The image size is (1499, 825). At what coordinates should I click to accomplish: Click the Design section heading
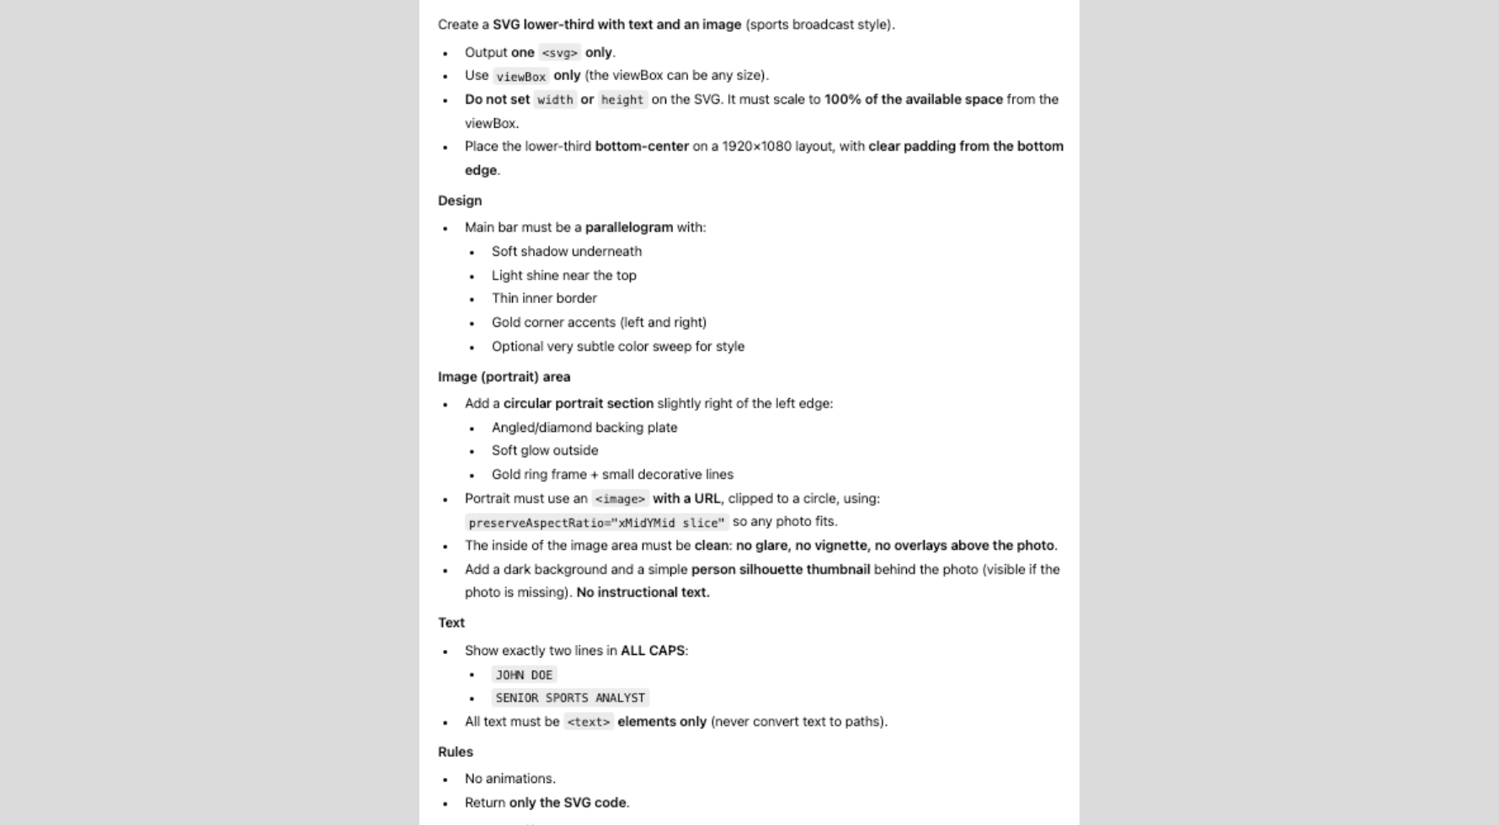[460, 200]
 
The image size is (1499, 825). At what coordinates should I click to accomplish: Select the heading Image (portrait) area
[504, 376]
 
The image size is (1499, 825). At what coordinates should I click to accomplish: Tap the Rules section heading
[455, 752]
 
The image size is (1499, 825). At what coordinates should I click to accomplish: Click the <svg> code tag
[559, 52]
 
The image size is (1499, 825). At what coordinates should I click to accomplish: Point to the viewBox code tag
[520, 76]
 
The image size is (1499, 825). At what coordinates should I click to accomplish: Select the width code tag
[554, 99]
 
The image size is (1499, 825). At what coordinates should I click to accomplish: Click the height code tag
[622, 99]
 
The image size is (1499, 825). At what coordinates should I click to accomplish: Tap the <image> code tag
[620, 498]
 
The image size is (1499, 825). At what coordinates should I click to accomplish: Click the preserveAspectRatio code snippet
[596, 522]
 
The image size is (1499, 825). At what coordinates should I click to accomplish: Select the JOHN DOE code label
[524, 674]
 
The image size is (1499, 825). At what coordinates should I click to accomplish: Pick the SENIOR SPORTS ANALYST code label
[570, 698]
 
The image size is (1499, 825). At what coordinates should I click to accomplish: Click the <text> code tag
[588, 721]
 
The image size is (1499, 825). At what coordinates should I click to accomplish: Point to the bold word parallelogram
[629, 227]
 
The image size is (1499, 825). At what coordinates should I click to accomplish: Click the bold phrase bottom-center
[642, 146]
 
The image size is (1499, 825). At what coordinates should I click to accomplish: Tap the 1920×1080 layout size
[756, 146]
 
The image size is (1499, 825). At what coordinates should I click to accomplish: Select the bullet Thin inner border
[544, 298]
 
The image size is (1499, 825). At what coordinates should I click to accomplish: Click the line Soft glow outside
[545, 450]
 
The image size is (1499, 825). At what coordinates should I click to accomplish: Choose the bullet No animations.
[509, 779]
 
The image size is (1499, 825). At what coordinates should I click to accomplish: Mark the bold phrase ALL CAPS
[653, 650]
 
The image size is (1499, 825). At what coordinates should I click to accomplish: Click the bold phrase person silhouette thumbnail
[781, 569]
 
